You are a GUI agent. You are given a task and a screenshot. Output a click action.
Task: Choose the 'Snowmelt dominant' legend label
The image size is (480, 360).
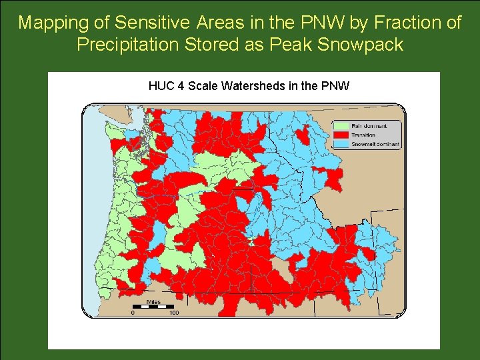[x=375, y=144]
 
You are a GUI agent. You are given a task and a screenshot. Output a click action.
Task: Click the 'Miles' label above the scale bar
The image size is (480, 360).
[x=153, y=302]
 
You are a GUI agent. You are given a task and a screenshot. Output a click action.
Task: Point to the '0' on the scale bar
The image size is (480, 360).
[x=133, y=313]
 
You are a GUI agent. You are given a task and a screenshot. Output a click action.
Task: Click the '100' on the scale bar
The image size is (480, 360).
[x=173, y=313]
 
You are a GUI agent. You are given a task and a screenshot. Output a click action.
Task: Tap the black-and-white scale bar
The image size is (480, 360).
[x=153, y=307]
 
